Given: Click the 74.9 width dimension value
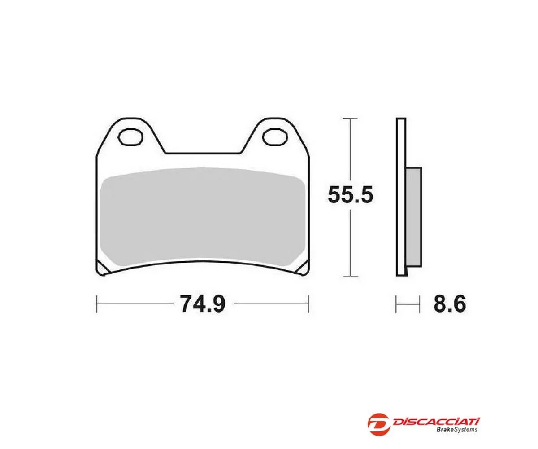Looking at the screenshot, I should coord(201,304).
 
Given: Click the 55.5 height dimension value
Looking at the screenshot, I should coord(350,195).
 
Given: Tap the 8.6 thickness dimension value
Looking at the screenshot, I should coord(449,304).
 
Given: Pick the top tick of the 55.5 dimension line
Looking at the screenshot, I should coord(350,119).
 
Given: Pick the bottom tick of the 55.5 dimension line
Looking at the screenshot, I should coord(350,276).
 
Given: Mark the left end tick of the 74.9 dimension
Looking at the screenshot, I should coord(97,304).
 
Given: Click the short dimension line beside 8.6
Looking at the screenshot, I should coord(408,304).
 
